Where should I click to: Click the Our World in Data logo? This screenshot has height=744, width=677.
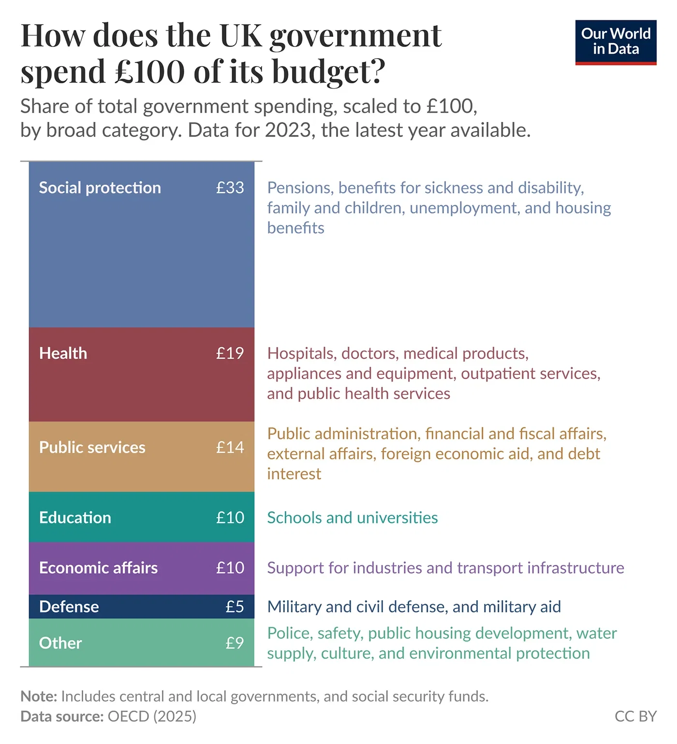[615, 42]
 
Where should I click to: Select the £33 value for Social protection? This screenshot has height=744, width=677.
[230, 188]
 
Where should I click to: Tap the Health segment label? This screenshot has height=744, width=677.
[63, 353]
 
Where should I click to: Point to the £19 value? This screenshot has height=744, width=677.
[230, 353]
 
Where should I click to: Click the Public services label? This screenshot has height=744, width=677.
[92, 447]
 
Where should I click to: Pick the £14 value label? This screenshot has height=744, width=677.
[230, 447]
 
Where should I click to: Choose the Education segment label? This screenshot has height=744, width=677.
[75, 517]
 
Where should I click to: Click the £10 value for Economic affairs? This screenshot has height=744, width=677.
[230, 568]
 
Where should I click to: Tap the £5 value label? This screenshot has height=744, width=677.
[235, 607]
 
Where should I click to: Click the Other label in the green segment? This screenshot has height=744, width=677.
[60, 643]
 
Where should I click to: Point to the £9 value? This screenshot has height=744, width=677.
[235, 643]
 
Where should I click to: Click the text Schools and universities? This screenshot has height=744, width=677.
[352, 517]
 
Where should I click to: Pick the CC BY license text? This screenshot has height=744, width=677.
[635, 716]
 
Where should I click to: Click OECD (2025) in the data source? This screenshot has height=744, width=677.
[152, 716]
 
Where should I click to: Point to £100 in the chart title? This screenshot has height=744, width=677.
[150, 71]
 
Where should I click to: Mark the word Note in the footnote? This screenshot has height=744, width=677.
[38, 697]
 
